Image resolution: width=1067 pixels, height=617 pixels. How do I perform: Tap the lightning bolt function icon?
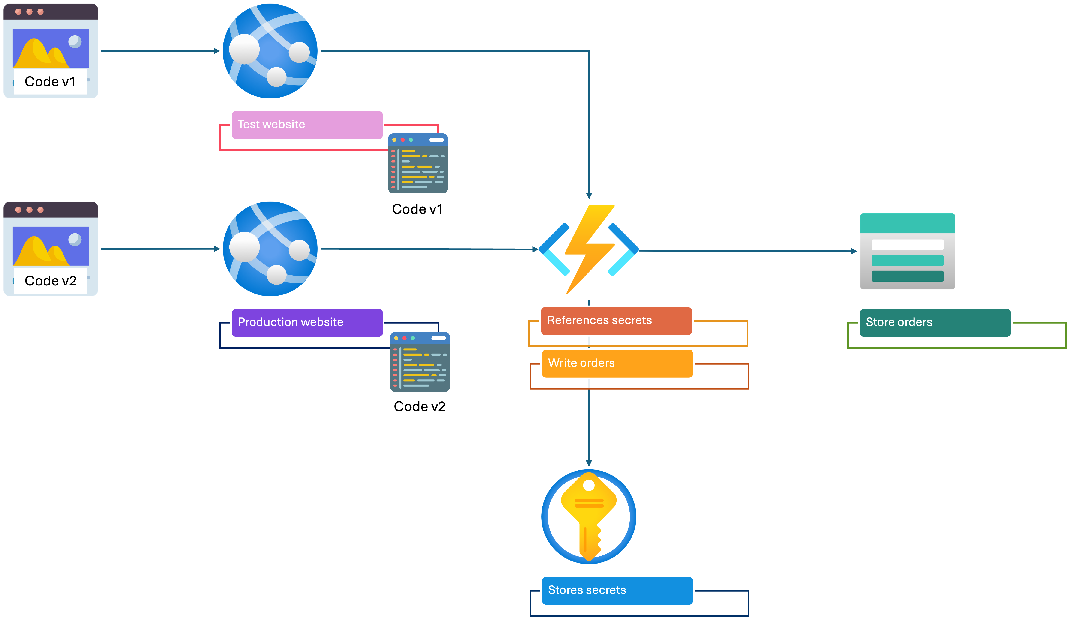pos(589,250)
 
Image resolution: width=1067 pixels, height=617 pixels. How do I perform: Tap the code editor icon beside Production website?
pos(420,364)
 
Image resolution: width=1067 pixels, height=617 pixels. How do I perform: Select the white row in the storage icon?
pos(907,245)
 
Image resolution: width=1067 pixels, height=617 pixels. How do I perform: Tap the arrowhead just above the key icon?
pos(589,463)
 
